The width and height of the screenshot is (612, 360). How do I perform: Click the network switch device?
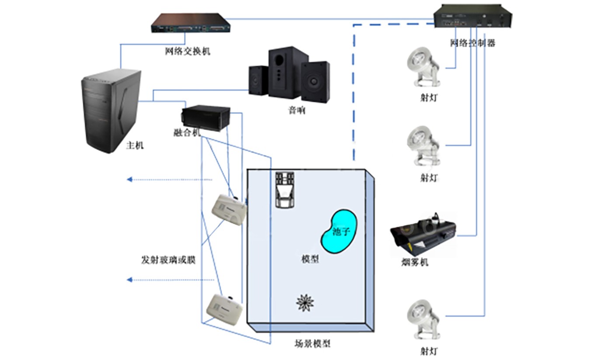191,23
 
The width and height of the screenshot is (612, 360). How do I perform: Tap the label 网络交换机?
188,51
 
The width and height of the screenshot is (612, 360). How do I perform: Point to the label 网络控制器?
473,43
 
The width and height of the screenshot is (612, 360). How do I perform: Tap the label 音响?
296,111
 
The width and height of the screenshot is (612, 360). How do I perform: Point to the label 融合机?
187,133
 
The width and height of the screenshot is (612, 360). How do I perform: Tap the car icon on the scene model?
285,189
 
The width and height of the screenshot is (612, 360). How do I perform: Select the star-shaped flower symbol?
305,302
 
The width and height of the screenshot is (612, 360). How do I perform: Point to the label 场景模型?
313,343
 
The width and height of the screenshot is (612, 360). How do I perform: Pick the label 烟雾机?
414,262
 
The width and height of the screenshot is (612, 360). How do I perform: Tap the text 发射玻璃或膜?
168,260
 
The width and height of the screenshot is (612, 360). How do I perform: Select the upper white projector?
229,211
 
